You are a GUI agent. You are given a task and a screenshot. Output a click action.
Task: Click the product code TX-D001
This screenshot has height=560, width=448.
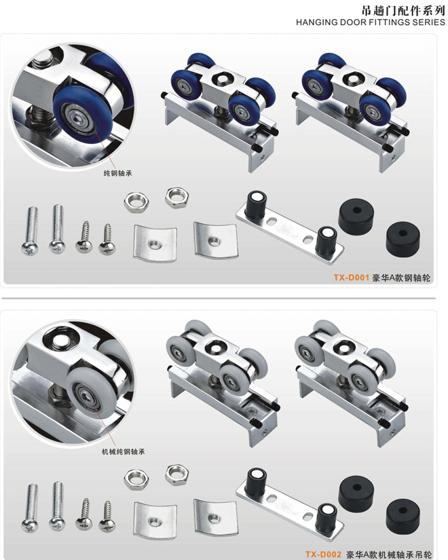(x=351, y=278)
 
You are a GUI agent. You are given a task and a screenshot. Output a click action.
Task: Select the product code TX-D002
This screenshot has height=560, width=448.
(x=323, y=555)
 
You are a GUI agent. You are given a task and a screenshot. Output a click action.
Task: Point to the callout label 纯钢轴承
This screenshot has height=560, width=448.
(x=117, y=173)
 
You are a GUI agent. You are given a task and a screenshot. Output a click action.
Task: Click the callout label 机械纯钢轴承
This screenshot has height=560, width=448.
(x=124, y=451)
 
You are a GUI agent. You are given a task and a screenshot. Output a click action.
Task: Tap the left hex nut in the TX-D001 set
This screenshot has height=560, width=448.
(x=136, y=202)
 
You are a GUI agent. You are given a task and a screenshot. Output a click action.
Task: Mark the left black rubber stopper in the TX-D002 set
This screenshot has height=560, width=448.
(x=356, y=493)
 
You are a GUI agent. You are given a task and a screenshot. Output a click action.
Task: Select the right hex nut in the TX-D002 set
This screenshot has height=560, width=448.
(x=177, y=474)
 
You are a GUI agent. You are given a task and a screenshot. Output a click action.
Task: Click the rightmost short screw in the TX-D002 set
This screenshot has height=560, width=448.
(x=107, y=515)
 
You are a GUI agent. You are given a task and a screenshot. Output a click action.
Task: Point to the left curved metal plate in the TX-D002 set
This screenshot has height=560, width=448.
(x=155, y=519)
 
